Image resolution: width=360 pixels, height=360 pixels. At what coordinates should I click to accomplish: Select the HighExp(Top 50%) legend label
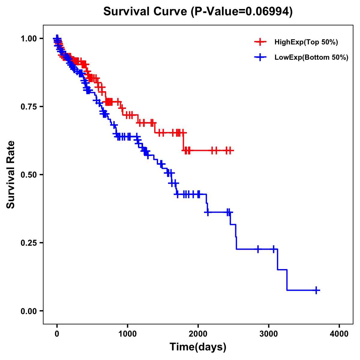coord(306,42)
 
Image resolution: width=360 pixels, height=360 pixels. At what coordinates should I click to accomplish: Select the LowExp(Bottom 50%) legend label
coord(311,58)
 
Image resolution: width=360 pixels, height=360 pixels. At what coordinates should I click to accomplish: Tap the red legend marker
coord(260,42)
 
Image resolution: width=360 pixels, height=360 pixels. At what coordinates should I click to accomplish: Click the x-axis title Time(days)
coord(198,347)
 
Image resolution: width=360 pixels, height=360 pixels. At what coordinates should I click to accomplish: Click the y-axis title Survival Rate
coord(11,175)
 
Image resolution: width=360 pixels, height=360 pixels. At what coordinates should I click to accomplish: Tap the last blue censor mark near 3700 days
coord(316,290)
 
